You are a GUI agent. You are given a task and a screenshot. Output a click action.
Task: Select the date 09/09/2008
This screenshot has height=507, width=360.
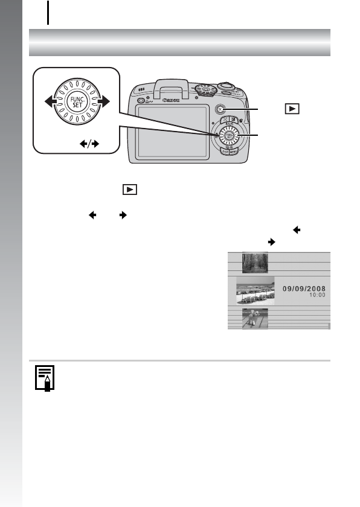pyautogui.click(x=306, y=289)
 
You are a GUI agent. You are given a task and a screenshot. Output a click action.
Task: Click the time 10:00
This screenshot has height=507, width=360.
pyautogui.click(x=317, y=296)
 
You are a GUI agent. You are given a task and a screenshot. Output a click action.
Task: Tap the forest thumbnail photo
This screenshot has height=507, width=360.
pyautogui.click(x=254, y=263)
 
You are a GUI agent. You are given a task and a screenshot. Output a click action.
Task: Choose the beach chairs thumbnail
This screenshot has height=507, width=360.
pyautogui.click(x=255, y=291)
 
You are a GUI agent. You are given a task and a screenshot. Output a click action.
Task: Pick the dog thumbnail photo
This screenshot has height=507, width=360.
pyautogui.click(x=254, y=318)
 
